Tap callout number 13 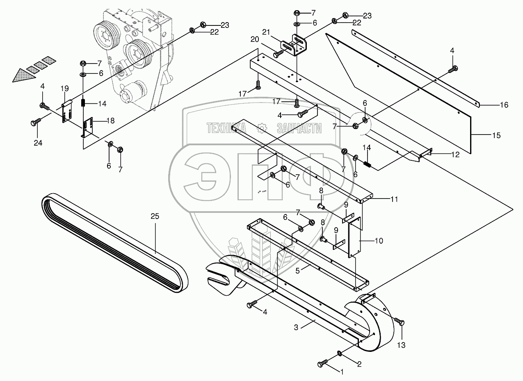point(401,345)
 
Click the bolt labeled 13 point(398,321)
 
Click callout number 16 point(504,105)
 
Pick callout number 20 point(254,39)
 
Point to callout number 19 point(64,88)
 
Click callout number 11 point(394,200)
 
